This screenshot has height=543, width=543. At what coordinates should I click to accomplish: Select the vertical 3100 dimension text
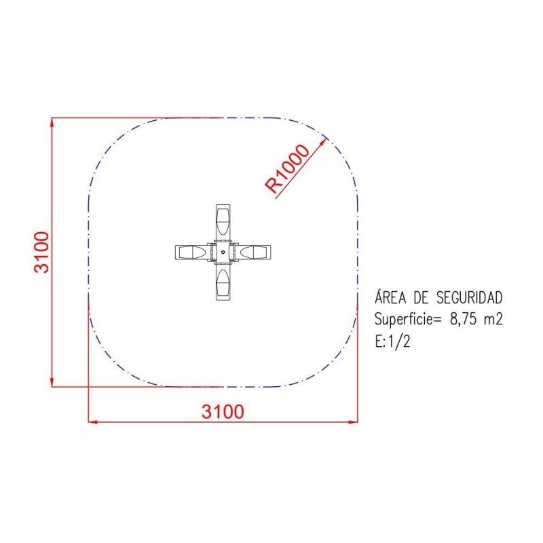pos(41,252)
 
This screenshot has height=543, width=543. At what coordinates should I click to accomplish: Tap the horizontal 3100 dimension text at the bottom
pos(223,411)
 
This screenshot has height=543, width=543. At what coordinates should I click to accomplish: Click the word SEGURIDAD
pos(470,298)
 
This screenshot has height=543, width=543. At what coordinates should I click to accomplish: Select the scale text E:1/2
pos(392,341)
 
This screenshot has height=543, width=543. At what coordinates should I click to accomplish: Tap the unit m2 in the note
pos(493,320)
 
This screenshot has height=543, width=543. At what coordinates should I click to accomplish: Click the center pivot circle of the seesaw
pos(223,252)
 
